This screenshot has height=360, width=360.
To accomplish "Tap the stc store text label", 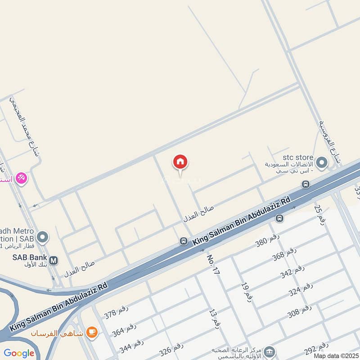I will (x=297, y=157).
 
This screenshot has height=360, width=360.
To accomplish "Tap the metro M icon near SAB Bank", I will (x=54, y=260).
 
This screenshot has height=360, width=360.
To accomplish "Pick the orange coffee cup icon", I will (x=92, y=333).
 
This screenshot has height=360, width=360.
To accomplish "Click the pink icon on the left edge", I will (x=21, y=179).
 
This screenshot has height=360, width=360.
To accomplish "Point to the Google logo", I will (x=19, y=353).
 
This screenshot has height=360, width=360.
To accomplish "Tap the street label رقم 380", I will (x=267, y=241).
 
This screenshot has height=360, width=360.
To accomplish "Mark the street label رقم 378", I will (x=117, y=312).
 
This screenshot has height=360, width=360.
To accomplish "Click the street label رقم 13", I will (x=214, y=318).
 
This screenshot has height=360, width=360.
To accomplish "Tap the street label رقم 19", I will (x=247, y=292).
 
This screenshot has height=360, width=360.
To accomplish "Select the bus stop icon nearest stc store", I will (x=306, y=184).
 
